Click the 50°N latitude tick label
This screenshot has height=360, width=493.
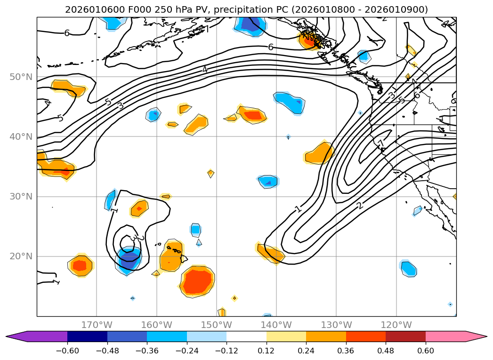(x=21, y=77)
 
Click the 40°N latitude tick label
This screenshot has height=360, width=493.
(x=21, y=137)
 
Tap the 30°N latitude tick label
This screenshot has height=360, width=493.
(x=21, y=197)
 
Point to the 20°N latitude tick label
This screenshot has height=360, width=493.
(x=21, y=256)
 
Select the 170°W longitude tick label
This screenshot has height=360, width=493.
(x=97, y=325)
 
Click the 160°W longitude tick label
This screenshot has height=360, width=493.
(x=156, y=325)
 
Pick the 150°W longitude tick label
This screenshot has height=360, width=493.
(x=216, y=325)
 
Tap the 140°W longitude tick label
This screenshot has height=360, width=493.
(x=276, y=325)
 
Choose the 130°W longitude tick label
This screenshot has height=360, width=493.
(x=336, y=325)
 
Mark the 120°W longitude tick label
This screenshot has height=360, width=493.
(x=396, y=325)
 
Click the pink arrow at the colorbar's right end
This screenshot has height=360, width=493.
(x=476, y=336)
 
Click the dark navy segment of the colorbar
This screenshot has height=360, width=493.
(x=87, y=336)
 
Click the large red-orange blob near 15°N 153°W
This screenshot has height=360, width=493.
(x=197, y=282)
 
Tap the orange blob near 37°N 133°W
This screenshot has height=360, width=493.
(x=320, y=153)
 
